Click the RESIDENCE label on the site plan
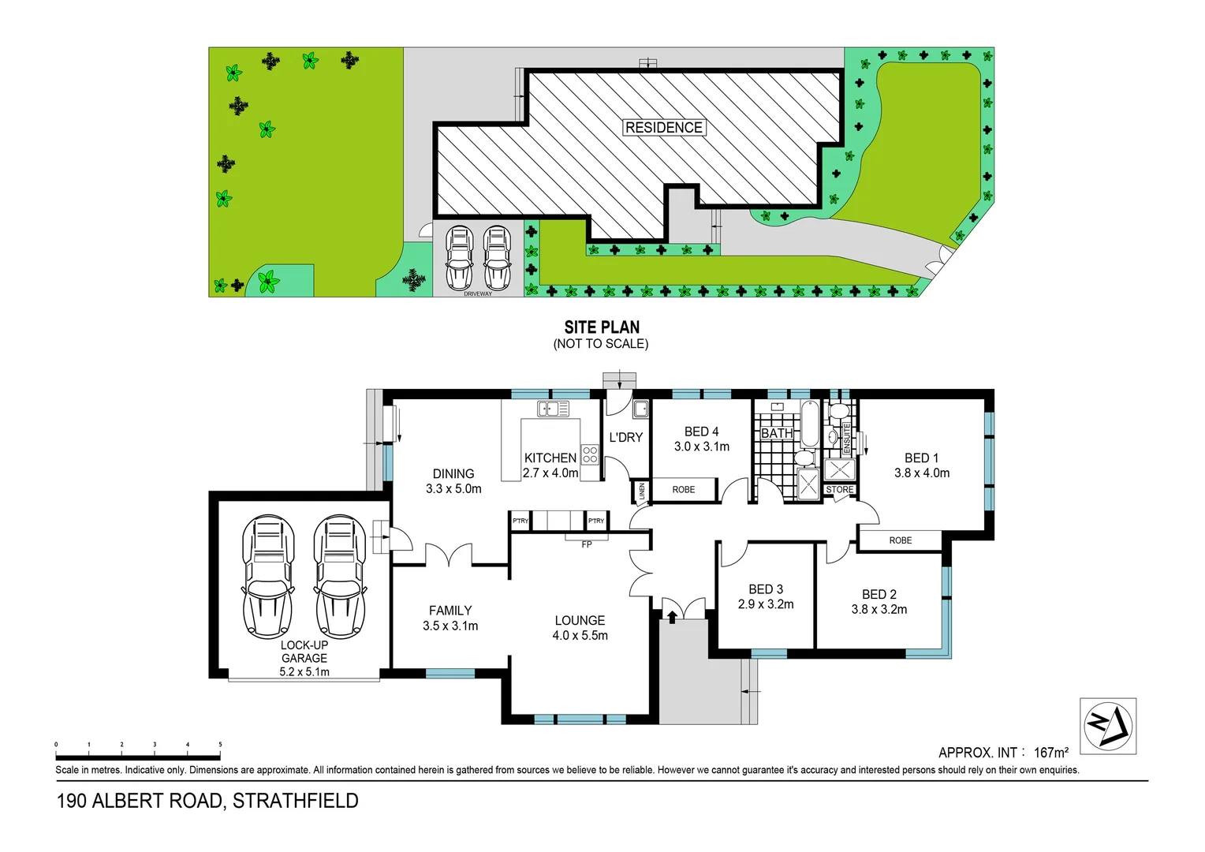tap(663, 128)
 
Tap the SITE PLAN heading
tap(602, 327)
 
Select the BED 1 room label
tap(921, 458)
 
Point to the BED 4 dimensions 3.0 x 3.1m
tap(701, 447)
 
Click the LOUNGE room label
tap(580, 621)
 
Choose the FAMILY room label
tap(450, 611)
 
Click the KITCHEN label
tap(550, 458)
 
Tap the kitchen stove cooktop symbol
tap(590, 454)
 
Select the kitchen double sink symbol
tap(553, 409)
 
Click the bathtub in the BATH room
tap(810, 424)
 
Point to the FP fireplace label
tap(586, 544)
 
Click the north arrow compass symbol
tap(1107, 726)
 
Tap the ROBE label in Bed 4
tap(684, 490)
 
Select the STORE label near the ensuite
tap(839, 490)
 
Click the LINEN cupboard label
tap(641, 491)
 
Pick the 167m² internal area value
tap(1050, 753)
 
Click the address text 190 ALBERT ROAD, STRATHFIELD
tap(207, 801)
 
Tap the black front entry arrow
tap(672, 615)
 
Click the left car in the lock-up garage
tap(268, 577)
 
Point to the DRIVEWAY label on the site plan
tap(477, 294)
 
